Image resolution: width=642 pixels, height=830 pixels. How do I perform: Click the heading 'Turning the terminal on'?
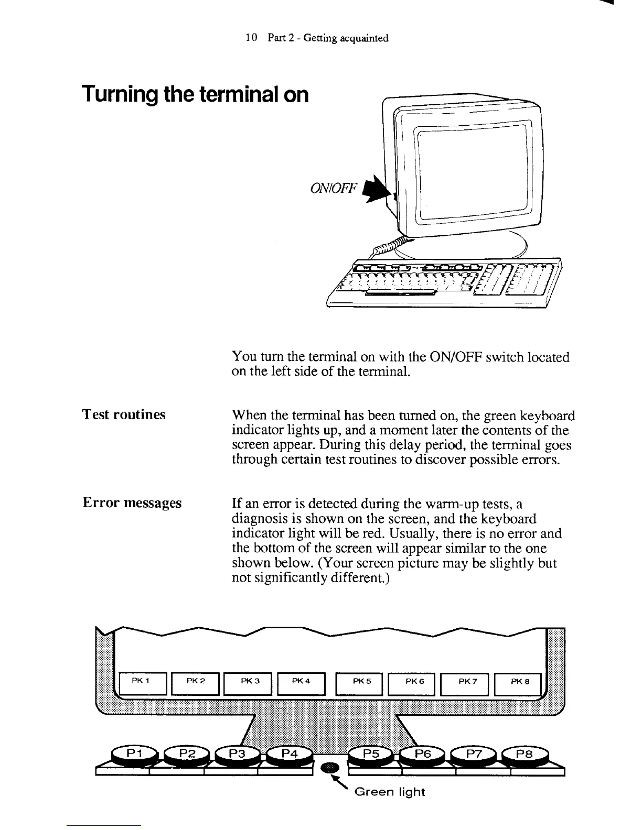195,94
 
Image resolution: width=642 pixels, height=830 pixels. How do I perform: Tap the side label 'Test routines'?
124,414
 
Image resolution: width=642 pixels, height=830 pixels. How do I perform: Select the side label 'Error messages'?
132,503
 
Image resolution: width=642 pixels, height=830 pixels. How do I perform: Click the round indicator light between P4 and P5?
330,768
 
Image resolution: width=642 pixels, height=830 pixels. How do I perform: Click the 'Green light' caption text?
390,792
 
